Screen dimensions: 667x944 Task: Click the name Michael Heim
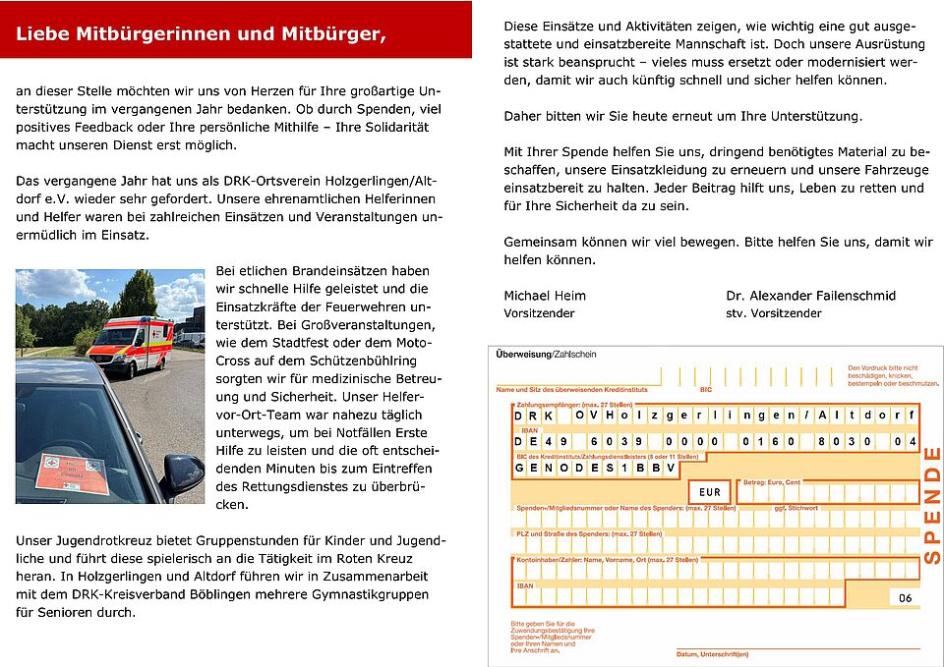(544, 296)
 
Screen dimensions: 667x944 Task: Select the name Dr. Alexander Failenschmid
(810, 296)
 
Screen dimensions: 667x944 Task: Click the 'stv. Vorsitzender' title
(773, 313)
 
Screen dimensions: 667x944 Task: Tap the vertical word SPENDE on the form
(931, 505)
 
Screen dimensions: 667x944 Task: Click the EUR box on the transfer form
(709, 492)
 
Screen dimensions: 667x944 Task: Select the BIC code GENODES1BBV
(595, 469)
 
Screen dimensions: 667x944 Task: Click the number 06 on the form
(905, 597)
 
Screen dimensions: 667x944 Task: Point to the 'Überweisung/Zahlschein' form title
(547, 353)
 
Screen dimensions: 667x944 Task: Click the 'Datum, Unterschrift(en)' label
(712, 654)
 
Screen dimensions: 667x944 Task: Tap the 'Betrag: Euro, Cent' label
(773, 481)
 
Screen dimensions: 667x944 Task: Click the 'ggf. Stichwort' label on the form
(796, 508)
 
